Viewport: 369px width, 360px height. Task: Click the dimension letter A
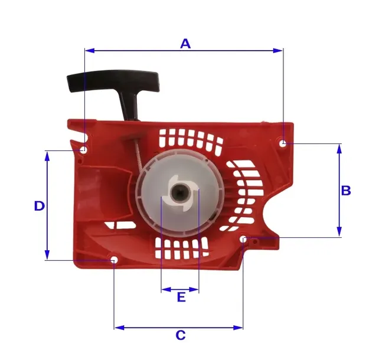click(x=185, y=44)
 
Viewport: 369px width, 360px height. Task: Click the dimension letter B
click(x=346, y=191)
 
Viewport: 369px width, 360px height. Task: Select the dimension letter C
click(x=181, y=335)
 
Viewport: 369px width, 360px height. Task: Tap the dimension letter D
click(x=40, y=206)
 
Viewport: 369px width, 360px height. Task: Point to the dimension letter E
click(x=181, y=297)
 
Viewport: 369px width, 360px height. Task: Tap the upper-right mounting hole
click(x=283, y=143)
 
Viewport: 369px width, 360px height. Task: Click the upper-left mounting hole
click(x=84, y=150)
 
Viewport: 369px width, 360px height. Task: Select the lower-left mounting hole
click(x=114, y=260)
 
